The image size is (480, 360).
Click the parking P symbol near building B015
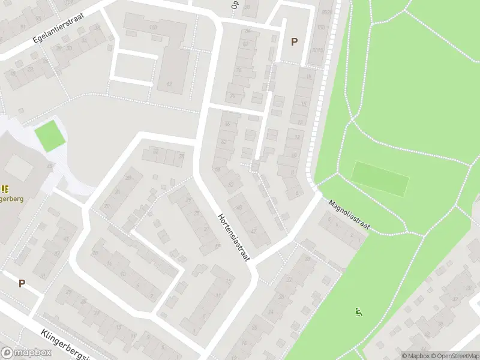[x=294, y=41]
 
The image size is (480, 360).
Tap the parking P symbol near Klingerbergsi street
[x=22, y=283]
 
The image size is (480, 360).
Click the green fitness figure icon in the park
[x=358, y=311]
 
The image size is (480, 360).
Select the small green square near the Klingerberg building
[x=49, y=136]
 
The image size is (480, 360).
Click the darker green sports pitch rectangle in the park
[x=380, y=178]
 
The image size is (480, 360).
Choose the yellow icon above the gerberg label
[x=5, y=189]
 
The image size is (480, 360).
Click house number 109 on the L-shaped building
[x=152, y=28]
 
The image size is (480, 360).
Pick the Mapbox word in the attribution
[x=416, y=356]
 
